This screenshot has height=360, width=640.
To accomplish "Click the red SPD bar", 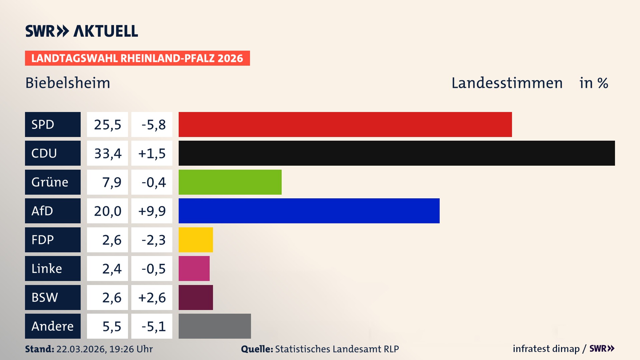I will tap(345, 124).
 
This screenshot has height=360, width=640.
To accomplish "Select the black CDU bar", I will tap(397, 153).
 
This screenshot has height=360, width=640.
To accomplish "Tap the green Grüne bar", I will tap(230, 182).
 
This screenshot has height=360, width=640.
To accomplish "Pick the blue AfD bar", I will tap(309, 211).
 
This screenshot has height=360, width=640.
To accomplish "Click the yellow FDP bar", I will tap(196, 240).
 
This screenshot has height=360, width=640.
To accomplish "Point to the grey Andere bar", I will tap(215, 326).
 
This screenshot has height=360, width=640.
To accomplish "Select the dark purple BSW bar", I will tap(196, 297).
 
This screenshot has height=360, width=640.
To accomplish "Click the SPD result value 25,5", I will tap(107, 124).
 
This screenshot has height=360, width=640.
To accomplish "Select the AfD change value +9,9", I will tap(152, 211).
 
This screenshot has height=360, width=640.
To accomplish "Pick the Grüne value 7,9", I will tap(111, 182).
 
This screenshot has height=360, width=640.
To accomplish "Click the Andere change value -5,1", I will tap(153, 326).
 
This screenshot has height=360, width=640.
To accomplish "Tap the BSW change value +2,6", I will tap(152, 297).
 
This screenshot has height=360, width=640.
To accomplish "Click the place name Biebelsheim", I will tap(68, 83).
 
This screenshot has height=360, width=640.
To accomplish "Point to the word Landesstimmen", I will tap(507, 83).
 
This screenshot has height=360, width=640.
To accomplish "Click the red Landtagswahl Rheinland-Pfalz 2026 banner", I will tap(137, 58).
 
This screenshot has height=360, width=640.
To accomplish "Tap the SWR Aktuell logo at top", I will tap(82, 31).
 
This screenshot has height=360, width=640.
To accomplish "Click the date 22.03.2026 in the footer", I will tap(81, 349).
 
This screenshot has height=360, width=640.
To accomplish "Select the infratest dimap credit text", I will tap(546, 349).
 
